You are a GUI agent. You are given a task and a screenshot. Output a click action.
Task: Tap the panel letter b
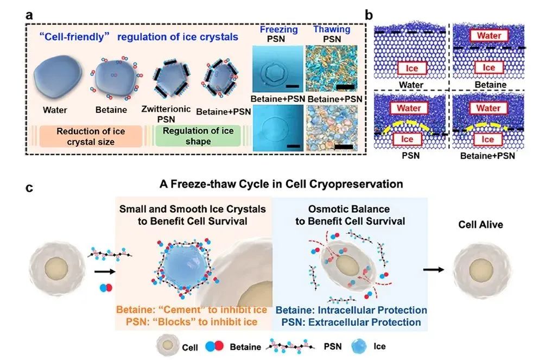pyautogui.click(x=369, y=15)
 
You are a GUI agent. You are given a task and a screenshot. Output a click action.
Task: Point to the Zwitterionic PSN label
pyautogui.click(x=174, y=113)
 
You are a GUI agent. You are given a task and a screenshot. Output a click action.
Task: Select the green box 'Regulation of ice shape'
pyautogui.click(x=195, y=135)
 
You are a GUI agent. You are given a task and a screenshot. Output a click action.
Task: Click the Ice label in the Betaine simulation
pyautogui.click(x=489, y=68)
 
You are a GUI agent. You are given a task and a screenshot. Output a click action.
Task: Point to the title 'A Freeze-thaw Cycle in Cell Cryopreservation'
pyautogui.click(x=281, y=184)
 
